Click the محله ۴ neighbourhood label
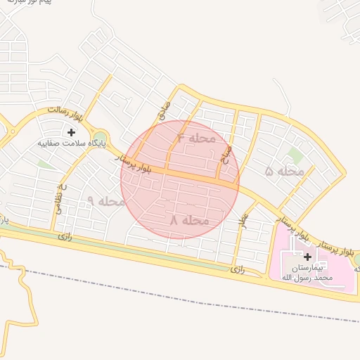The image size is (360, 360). [196, 138]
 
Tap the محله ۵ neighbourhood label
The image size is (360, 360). [285, 171]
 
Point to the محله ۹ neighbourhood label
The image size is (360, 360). [105, 201]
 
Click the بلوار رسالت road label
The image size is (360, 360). [65, 115]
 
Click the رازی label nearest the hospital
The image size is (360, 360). [238, 269]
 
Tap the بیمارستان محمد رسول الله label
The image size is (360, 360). [307, 273]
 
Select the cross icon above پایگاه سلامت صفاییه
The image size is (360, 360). [71, 131]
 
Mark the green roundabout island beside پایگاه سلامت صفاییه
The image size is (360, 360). [100, 138]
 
